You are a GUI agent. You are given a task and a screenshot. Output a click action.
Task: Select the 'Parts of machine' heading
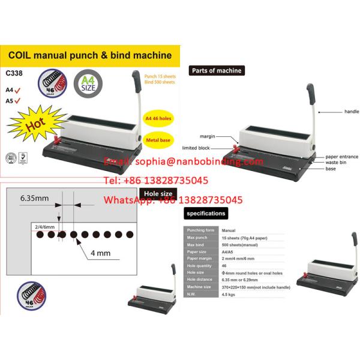(217, 70)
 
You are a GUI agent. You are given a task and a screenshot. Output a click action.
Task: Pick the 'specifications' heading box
(206, 213)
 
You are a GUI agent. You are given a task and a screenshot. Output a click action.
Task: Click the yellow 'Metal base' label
(158, 139)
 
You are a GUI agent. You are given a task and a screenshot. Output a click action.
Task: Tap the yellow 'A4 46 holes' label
(158, 119)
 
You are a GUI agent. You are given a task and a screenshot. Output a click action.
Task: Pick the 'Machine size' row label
(200, 287)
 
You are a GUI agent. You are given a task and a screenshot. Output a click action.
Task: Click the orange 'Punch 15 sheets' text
(159, 76)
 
